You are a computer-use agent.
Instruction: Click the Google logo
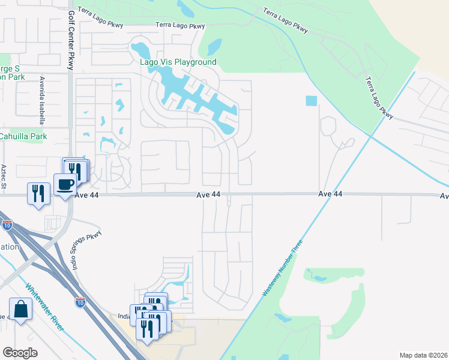[20, 353]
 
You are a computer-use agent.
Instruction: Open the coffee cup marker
[64, 185]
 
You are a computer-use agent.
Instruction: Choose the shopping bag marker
[20, 310]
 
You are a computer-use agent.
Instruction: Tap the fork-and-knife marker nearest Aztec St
[37, 193]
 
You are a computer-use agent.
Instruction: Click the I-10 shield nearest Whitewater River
[80, 302]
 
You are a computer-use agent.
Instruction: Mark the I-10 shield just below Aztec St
[7, 226]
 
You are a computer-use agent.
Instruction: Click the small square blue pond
[311, 101]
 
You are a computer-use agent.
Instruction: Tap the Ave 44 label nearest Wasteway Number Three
[330, 194]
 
